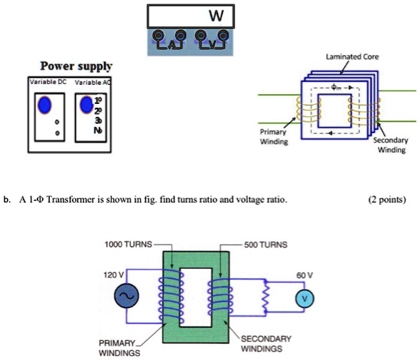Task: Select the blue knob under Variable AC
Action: (x=88, y=104)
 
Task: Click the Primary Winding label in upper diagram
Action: (x=275, y=135)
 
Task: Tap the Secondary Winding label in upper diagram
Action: (x=389, y=145)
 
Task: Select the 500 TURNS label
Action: (x=265, y=245)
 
